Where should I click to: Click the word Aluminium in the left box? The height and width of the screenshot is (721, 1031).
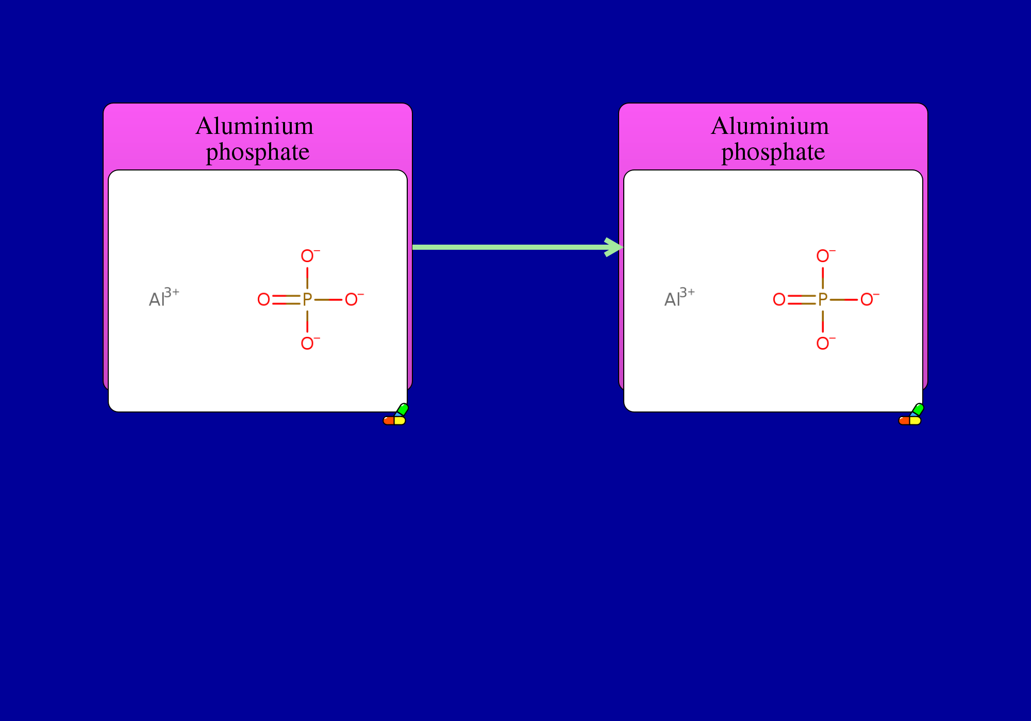tap(255, 126)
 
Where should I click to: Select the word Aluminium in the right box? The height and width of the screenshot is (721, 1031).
tap(770, 126)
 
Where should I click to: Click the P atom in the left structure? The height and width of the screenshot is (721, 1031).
tap(307, 299)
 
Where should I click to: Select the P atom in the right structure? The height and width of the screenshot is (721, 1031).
tap(823, 299)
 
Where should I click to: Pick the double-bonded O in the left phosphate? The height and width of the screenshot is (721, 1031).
tap(263, 299)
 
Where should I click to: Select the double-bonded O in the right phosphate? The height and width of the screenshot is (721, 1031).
tap(779, 299)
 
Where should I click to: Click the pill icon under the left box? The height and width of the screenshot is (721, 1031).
tap(395, 415)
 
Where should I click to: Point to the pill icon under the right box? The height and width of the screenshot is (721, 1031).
tap(911, 415)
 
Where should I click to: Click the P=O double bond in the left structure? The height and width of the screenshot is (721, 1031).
tap(286, 300)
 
